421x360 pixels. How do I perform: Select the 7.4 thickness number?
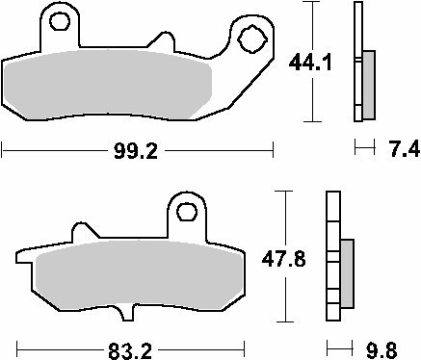click(398, 149)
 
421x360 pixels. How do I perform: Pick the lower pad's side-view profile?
click(333, 260)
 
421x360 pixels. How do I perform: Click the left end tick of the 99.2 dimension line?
click(3, 149)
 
